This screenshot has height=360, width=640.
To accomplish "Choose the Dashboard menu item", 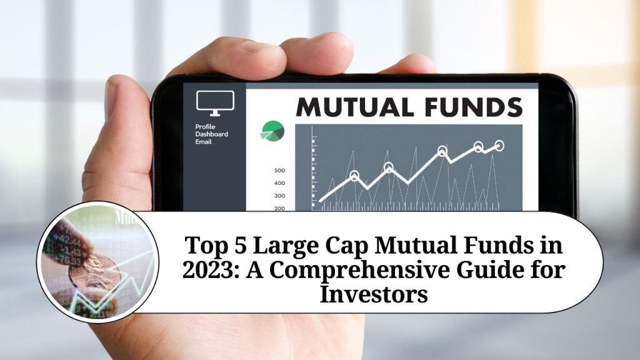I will click(211, 134).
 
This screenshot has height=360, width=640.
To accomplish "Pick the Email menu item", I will click(204, 142).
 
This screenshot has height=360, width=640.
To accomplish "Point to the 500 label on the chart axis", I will click(279, 171).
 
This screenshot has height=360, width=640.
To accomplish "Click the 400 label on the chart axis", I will click(279, 183).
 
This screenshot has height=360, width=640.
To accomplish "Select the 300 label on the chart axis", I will click(279, 196).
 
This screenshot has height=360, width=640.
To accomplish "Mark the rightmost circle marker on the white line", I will click(499, 146).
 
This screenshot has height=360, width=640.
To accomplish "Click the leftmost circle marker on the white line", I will click(355, 176).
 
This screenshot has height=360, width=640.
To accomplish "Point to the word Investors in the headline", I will click(374, 294).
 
